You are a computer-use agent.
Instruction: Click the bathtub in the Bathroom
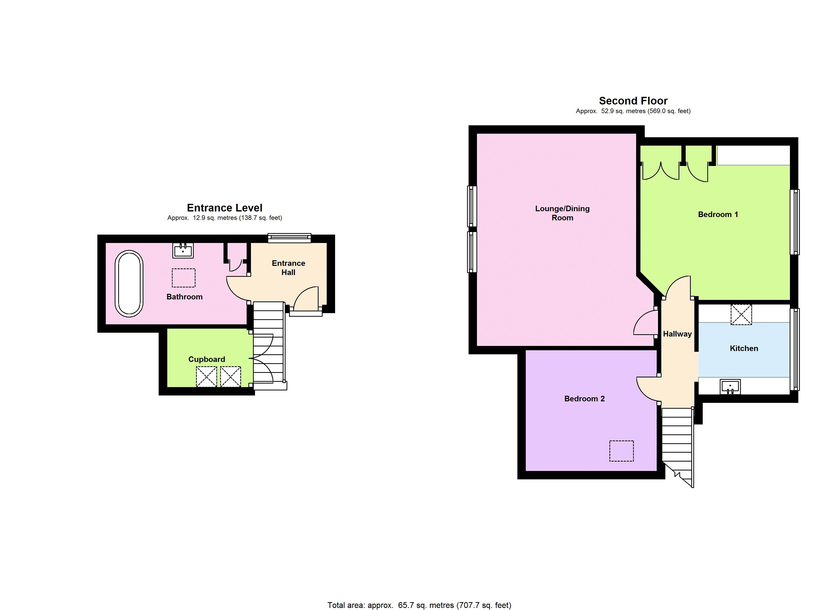coord(129,283)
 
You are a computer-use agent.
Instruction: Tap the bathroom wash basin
coord(183,250)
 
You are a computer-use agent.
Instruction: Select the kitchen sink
coord(730,387)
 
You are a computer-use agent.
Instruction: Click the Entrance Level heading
coord(224,208)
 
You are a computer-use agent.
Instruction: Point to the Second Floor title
coord(633,101)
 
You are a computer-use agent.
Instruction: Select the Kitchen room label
coord(744,348)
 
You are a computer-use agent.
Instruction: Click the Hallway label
coord(677,334)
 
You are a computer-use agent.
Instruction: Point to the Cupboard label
coord(206,359)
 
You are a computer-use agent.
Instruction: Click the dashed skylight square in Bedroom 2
coord(621,451)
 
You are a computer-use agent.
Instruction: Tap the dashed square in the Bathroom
coord(184,278)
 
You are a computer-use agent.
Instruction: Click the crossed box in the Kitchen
coord(741,314)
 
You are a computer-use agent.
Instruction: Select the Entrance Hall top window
coord(289,238)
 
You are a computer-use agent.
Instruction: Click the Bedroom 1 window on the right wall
coord(795,222)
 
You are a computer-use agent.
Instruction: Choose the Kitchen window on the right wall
coord(795,349)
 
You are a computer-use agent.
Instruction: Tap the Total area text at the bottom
coord(419,605)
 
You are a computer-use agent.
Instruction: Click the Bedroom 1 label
coord(718,215)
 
